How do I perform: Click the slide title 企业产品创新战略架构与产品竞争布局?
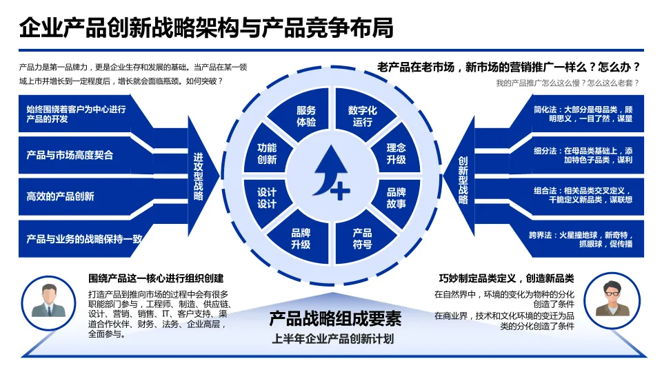(x=206, y=28)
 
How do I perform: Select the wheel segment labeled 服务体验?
(x=305, y=116)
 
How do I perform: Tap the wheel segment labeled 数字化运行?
(x=362, y=116)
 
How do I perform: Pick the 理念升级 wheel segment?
(x=396, y=153)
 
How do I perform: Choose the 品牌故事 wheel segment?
(x=396, y=198)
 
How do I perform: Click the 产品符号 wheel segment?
(x=362, y=238)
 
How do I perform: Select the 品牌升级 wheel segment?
(x=301, y=238)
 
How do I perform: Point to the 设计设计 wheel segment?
(x=267, y=198)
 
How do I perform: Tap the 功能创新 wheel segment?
(x=267, y=153)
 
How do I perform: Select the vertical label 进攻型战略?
(x=199, y=176)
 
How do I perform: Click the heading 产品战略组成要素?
(x=335, y=319)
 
